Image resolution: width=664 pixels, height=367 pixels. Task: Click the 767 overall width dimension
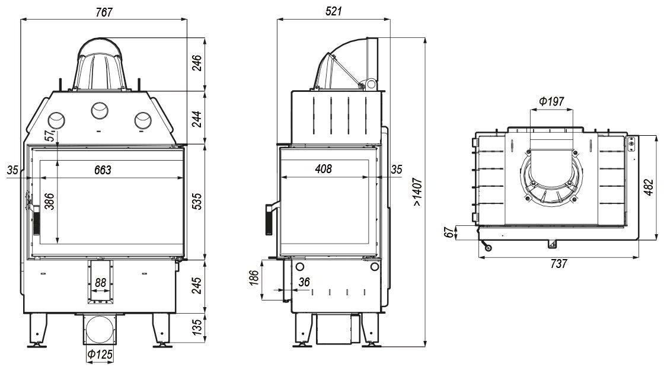tap(104, 12)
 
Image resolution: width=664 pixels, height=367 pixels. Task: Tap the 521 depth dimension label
tap(334, 11)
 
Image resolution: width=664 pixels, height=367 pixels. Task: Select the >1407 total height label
tap(417, 192)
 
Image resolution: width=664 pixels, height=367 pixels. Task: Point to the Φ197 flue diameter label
tap(551, 101)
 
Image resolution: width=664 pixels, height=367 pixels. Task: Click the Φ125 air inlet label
tap(100, 354)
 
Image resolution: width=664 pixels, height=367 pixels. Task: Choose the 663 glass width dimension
tap(103, 170)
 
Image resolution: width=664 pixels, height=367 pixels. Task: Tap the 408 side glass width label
tap(324, 169)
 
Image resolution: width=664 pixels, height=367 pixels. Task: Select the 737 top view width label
tap(558, 264)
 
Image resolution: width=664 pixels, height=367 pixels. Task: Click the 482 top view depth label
tap(649, 187)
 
